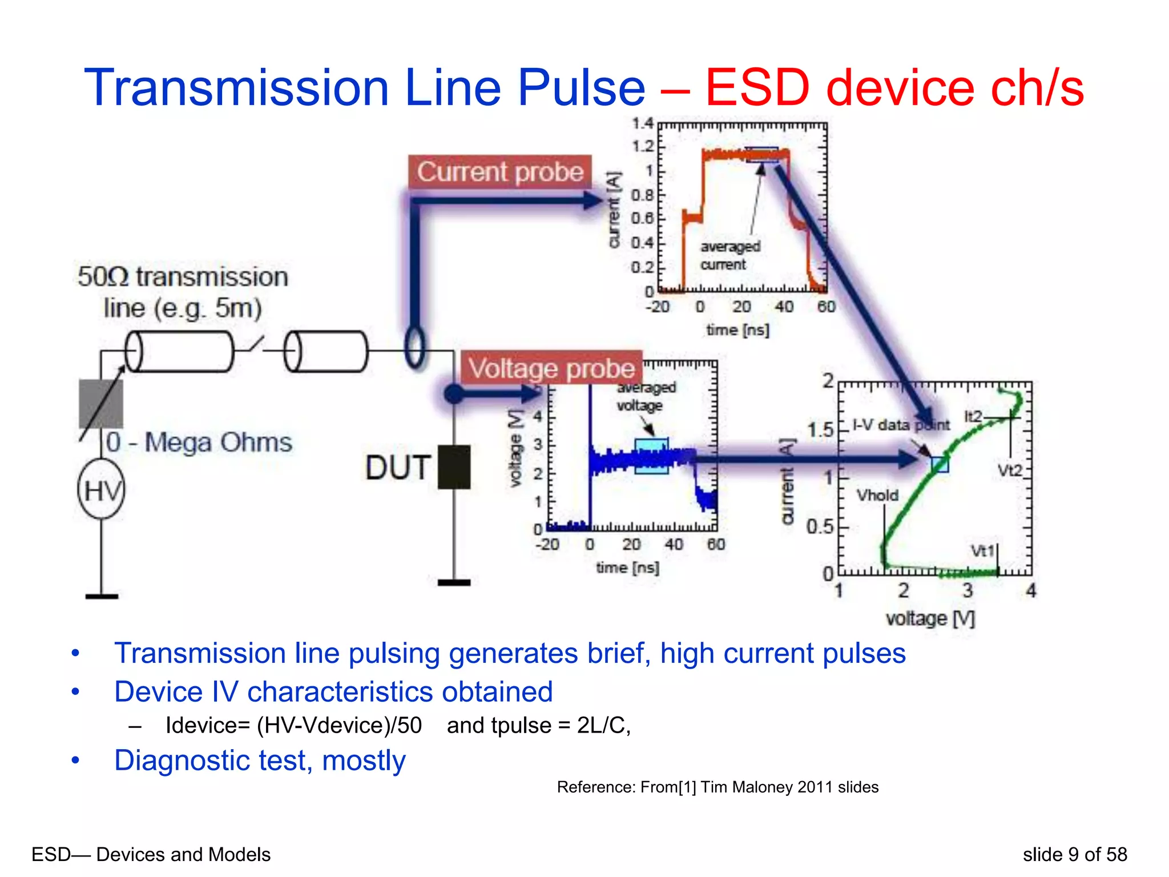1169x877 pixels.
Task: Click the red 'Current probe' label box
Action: (500, 171)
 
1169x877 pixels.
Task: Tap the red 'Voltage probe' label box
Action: (551, 368)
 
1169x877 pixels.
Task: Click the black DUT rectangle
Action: (454, 467)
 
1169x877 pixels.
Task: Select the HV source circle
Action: (102, 490)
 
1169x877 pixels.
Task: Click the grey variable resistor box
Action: (101, 404)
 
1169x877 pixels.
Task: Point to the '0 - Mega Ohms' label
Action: (199, 442)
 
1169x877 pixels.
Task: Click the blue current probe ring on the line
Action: (415, 347)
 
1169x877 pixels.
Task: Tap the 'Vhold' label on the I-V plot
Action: (877, 495)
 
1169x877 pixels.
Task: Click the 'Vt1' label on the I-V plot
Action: (982, 551)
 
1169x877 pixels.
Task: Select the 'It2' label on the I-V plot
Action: (973, 416)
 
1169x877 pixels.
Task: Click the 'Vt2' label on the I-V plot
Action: (1010, 470)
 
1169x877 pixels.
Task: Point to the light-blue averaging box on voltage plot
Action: (651, 456)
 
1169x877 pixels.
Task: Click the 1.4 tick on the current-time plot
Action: (643, 123)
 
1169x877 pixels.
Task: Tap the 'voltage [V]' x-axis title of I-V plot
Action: (930, 618)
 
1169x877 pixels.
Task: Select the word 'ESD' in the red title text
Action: (757, 88)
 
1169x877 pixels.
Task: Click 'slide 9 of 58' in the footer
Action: (1074, 854)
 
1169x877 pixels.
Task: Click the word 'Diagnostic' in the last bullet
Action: (183, 761)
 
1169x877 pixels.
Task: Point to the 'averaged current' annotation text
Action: (730, 255)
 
